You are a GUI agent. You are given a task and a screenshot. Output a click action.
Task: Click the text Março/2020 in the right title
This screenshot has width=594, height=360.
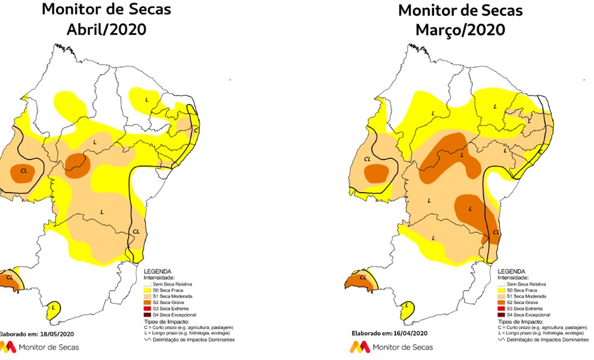click(x=460, y=29)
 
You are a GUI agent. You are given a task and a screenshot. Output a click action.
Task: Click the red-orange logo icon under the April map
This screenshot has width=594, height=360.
click(x=7, y=347)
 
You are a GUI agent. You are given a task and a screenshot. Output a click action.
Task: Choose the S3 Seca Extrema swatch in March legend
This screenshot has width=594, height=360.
click(x=501, y=309)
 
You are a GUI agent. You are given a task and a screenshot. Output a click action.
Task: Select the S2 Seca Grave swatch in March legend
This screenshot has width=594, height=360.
click(x=501, y=302)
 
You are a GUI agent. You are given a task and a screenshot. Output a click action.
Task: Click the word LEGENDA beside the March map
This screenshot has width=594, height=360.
click(x=511, y=272)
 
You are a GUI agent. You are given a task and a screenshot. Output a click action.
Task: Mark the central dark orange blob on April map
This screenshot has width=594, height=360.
click(x=77, y=162)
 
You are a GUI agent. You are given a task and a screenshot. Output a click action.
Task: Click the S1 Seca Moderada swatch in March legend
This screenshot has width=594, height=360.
click(x=501, y=296)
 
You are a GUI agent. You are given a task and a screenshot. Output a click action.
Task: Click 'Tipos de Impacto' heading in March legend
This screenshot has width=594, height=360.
click(x=519, y=321)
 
